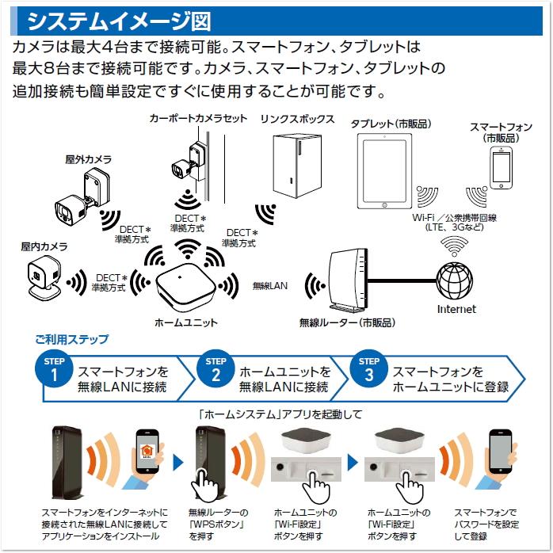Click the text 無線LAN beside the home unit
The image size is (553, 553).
pos(269,284)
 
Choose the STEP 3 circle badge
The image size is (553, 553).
pos(369,370)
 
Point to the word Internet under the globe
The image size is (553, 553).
pos(456,309)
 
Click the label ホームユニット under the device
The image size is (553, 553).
pos(185,323)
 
